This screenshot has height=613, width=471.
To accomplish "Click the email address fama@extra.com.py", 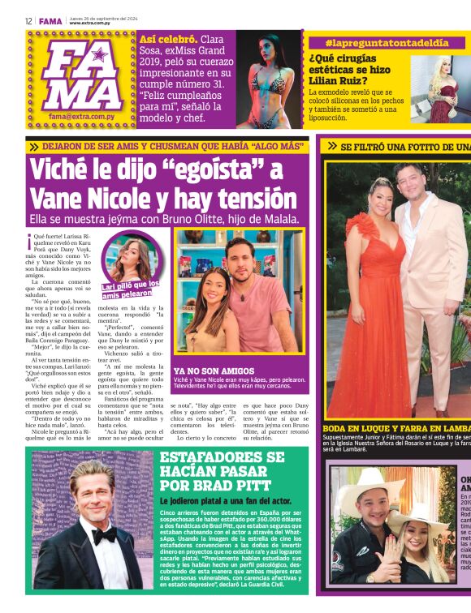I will (81, 116).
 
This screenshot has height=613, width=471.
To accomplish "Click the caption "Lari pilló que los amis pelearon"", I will (130, 289).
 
